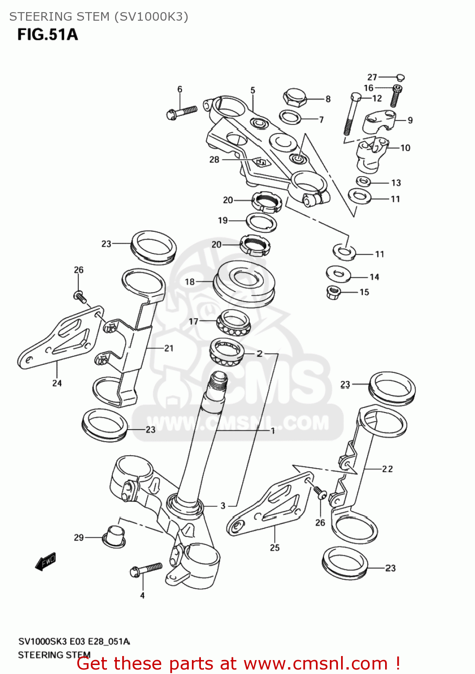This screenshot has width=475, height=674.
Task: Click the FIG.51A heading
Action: [x=48, y=35]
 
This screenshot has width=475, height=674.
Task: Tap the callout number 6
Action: [x=180, y=89]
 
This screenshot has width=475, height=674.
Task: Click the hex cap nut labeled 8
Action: [x=295, y=98]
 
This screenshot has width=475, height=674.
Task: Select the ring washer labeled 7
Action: [x=290, y=117]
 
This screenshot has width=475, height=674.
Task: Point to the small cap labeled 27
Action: [x=400, y=77]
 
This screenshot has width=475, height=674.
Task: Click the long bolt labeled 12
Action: [x=351, y=115]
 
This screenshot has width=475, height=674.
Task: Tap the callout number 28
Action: [x=214, y=160]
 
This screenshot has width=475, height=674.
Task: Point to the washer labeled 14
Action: [x=338, y=274]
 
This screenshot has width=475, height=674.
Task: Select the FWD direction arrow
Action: [x=46, y=561]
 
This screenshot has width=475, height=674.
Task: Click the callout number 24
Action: [x=57, y=383]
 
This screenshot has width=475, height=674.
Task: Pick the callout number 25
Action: [x=275, y=548]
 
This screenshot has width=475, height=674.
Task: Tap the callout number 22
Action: [x=387, y=469]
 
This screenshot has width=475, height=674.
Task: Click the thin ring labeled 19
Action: [x=261, y=222]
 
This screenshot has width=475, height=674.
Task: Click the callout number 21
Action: [x=169, y=348]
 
